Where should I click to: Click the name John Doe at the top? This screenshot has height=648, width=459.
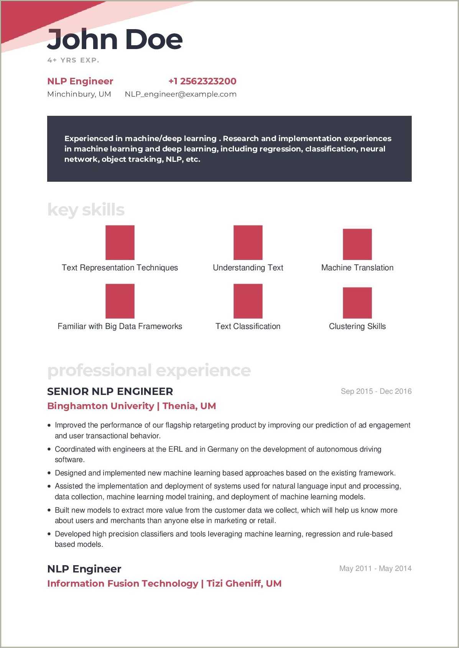point(114,40)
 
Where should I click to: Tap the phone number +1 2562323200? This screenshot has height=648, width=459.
point(202,81)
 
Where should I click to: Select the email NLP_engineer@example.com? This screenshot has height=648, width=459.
point(180,94)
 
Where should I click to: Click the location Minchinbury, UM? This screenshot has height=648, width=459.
point(79,94)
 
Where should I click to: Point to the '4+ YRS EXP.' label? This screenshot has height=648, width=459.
point(73,60)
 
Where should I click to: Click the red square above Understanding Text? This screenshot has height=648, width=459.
point(248,242)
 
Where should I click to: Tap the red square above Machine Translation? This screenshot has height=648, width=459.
point(357,244)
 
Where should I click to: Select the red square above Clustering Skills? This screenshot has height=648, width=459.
point(357,303)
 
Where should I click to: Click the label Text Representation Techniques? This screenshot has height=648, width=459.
point(120,268)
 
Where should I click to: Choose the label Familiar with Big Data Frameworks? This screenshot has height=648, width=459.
point(120,326)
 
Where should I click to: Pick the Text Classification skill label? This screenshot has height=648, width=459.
point(248,326)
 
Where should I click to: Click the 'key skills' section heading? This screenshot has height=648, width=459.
point(86,210)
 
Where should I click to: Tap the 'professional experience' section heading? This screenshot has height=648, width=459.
point(149,370)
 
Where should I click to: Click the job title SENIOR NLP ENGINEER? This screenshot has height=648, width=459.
point(110,391)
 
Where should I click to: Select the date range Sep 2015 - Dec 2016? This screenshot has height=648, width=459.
point(376,391)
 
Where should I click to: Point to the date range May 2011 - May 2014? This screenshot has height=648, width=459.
point(375,569)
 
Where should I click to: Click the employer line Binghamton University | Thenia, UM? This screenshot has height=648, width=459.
point(131,406)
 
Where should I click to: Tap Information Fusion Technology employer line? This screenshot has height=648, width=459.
point(164,584)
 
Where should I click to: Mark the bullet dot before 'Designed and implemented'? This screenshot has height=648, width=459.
point(49,473)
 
